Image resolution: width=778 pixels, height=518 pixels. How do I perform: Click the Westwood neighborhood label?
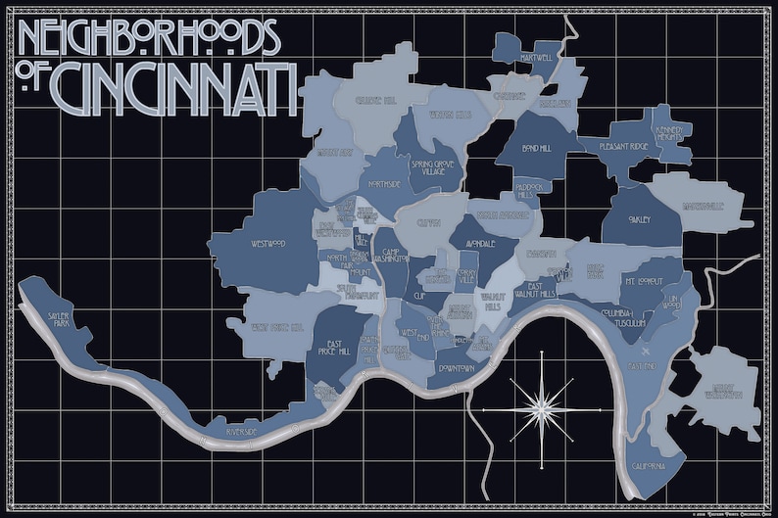pos(267,243)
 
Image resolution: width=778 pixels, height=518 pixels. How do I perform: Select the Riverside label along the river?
pos(240,431)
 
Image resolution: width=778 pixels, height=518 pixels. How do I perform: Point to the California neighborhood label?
pos(650,465)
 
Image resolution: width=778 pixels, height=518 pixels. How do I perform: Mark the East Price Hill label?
pos(337,351)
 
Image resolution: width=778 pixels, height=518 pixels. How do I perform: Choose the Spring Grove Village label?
pos(428,167)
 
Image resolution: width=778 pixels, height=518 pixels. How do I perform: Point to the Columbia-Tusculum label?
pos(623,316)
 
